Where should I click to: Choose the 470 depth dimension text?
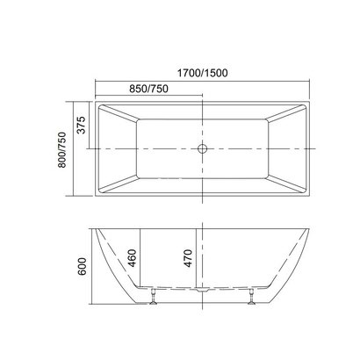coord(187,258)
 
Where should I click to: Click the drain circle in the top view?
coord(203,149)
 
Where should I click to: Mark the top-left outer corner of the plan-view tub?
coord(95,104)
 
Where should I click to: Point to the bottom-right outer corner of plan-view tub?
coord(312,195)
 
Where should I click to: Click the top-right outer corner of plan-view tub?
coord(312,104)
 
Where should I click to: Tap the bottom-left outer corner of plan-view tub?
coord(95,195)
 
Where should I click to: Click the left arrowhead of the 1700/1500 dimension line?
coord(97,83)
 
